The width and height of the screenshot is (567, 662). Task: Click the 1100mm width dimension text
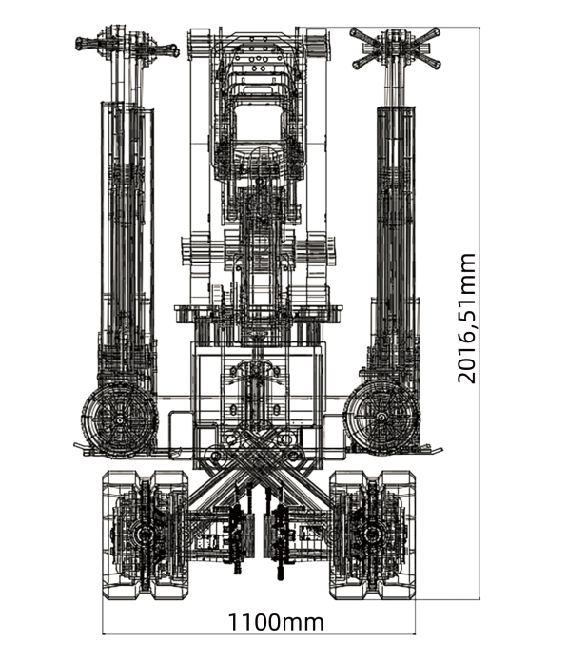pyautogui.click(x=276, y=622)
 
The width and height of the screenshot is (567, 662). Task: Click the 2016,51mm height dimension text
pyautogui.click(x=466, y=319)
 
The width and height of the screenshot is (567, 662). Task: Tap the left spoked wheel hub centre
pyautogui.click(x=120, y=420)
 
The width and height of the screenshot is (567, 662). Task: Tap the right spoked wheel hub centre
pyautogui.click(x=381, y=418)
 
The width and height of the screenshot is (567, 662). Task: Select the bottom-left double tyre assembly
pyautogui.click(x=146, y=535)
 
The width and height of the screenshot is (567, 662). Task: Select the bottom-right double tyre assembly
pyautogui.click(x=372, y=535)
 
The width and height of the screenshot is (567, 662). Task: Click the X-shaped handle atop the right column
pyautogui.click(x=395, y=48)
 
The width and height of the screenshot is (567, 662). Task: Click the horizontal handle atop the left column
pyautogui.click(x=127, y=45)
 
